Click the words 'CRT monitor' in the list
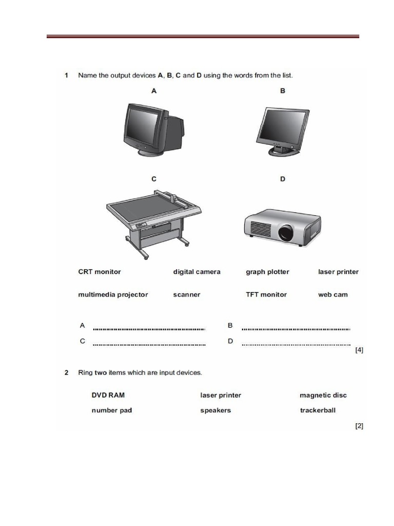100,272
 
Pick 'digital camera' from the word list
196,272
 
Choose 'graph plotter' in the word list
267,272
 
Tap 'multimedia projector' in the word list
113,294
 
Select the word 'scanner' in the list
187,294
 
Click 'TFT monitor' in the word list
266,294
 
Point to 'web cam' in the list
333,294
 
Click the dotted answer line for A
149,329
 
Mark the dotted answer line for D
296,345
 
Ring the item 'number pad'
112,410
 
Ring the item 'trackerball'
318,410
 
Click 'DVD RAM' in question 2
108,395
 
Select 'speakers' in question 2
215,410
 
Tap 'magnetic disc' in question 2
323,395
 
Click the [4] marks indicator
359,350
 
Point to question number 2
67,372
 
